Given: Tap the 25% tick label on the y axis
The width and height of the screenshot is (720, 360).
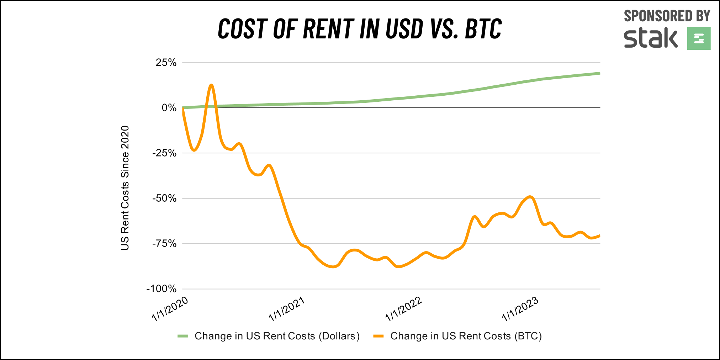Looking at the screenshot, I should click(x=166, y=63).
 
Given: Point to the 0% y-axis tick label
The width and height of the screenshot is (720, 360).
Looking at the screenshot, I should click(x=169, y=108).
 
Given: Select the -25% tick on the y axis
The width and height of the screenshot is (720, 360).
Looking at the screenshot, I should click(x=164, y=153).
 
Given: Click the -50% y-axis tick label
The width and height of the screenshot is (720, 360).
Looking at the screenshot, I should click(x=164, y=198).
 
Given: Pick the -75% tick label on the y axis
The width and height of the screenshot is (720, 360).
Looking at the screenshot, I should click(x=164, y=244).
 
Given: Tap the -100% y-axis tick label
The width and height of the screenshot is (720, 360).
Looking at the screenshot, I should click(x=162, y=289).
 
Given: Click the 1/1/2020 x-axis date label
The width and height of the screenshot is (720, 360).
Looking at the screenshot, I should click(x=170, y=309).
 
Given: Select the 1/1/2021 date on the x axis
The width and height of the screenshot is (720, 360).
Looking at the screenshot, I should click(x=287, y=309).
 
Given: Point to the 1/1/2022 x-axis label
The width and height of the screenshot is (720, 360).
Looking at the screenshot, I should click(x=404, y=309).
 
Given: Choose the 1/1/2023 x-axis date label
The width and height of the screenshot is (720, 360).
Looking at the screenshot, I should click(x=520, y=309).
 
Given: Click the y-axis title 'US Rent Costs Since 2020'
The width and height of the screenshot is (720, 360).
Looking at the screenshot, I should click(x=125, y=188).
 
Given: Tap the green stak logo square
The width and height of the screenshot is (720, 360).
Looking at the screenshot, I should click(x=699, y=38).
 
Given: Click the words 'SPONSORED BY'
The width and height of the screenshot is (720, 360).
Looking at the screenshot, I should click(x=667, y=16).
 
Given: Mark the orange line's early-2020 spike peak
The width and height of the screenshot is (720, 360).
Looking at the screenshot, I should click(x=211, y=85).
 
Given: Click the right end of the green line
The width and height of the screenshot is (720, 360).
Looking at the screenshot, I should click(x=599, y=73).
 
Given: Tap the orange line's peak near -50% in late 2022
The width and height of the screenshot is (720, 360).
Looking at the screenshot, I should click(x=530, y=197).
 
